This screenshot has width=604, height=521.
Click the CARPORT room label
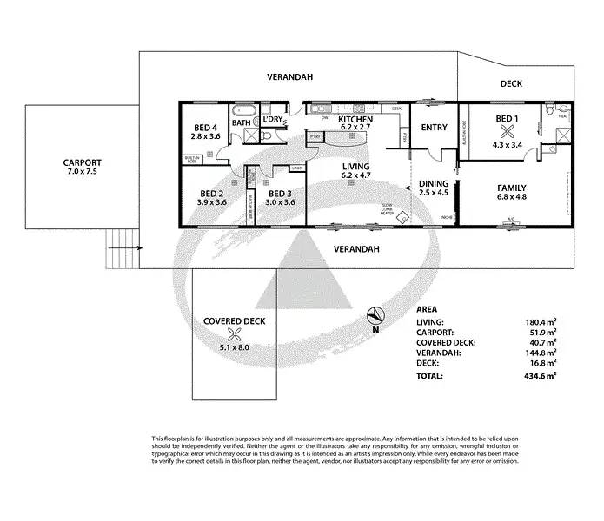coord(82,162)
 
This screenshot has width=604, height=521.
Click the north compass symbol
coord(375,317)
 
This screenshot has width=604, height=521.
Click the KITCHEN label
coord(356,119)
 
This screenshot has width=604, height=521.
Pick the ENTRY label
coord(434,128)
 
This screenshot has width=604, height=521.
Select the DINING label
coord(433,183)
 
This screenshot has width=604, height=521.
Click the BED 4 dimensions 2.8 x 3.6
coord(207,137)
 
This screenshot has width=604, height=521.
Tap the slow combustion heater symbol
coord(402,219)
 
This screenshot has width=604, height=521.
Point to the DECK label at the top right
coord(511,84)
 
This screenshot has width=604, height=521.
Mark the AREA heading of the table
coord(427,308)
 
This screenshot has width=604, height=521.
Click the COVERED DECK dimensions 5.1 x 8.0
coord(233,347)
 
